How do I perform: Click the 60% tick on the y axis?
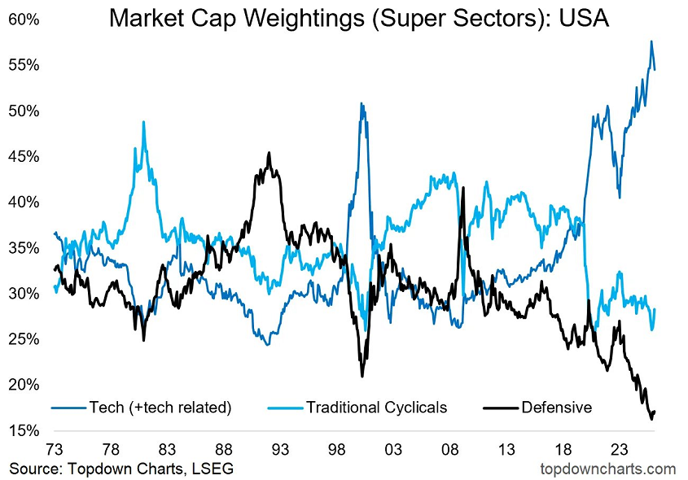pos(23,19)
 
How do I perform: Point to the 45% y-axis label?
pos(23,156)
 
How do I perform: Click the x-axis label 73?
pos(55,450)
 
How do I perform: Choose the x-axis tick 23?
pos(618,450)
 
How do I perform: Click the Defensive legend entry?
pos(556,407)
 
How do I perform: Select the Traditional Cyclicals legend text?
pos(376,407)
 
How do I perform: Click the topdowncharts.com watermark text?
pos(607,469)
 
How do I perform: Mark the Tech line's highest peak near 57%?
pos(651,41)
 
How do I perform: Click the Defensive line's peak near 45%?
pos(269,153)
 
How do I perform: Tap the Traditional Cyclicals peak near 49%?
pos(143,122)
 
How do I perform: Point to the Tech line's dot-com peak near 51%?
pos(360,103)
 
